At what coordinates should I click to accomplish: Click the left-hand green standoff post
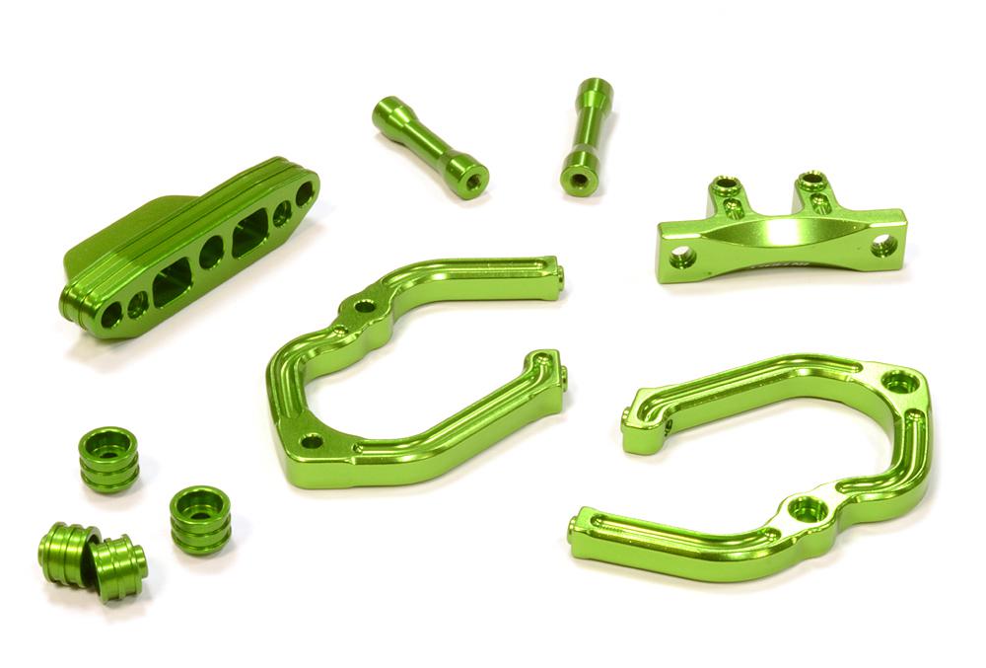pyautogui.click(x=430, y=147)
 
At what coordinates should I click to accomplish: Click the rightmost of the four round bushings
pyautogui.click(x=199, y=518)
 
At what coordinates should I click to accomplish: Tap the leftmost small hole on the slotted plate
pyautogui.click(x=111, y=315)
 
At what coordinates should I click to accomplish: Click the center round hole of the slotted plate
pyautogui.click(x=211, y=254)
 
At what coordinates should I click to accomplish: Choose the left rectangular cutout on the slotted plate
pyautogui.click(x=172, y=286)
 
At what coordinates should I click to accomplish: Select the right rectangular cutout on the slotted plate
pyautogui.click(x=250, y=235)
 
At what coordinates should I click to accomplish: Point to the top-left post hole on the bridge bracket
pyautogui.click(x=728, y=185)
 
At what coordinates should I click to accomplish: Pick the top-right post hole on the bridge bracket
pyautogui.click(x=810, y=180)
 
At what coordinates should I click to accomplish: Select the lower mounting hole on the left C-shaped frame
pyautogui.click(x=312, y=441)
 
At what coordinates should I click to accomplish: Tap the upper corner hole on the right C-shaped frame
pyautogui.click(x=898, y=381)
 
